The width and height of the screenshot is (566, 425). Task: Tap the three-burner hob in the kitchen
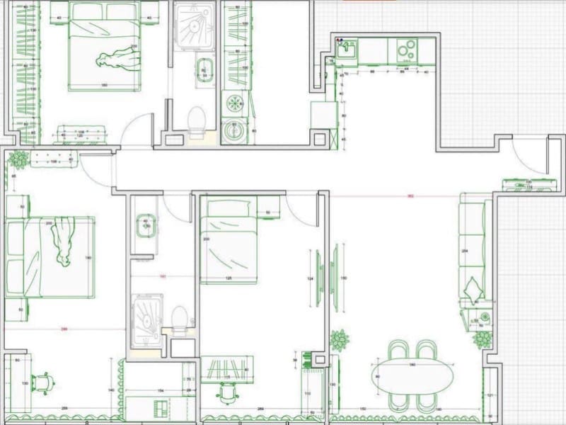[x=405, y=50]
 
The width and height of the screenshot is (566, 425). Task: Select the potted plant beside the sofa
[x=483, y=339]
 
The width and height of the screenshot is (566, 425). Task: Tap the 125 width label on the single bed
[x=229, y=278]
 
